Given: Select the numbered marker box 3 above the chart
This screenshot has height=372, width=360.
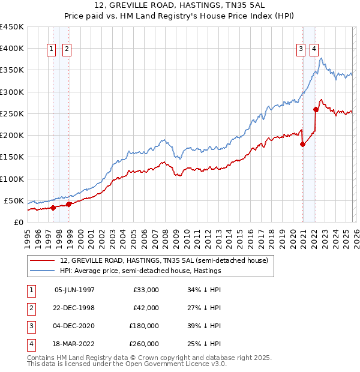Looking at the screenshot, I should point(300,50).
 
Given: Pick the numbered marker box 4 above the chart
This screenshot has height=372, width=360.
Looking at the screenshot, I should point(314,50).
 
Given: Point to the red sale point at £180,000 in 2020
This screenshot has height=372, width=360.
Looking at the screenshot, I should point(302,144).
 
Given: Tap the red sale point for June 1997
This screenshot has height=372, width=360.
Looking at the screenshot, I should point(53,208).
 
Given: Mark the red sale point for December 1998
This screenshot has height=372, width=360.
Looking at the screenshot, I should point(69,204).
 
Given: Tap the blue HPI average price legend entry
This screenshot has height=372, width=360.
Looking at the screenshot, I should point(140,271).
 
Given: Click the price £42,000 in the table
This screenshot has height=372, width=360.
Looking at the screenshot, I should point(146,308).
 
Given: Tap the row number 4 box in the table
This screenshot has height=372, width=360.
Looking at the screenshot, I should point(29,344).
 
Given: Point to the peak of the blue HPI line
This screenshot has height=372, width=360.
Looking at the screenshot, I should point(322,58).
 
